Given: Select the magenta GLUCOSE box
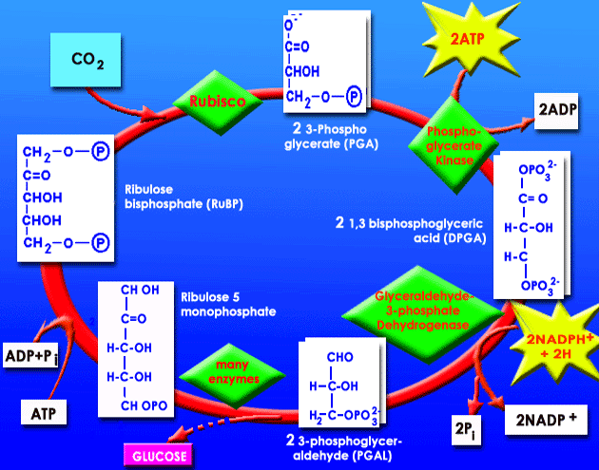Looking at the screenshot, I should pyautogui.click(x=165, y=455).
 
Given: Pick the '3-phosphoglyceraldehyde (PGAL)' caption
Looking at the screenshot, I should pyautogui.click(x=347, y=448).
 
